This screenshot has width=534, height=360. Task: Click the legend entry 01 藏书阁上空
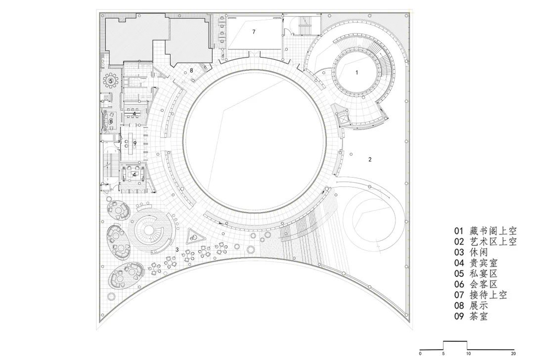point(485,231)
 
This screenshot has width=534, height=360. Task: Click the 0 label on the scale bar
point(420,354)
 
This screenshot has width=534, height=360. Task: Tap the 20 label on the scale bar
point(514,354)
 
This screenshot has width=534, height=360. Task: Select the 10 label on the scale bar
point(467,354)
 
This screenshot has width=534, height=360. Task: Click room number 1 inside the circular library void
point(356,72)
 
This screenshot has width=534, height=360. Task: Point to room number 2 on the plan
point(370,159)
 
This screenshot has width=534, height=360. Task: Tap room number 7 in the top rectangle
point(254,32)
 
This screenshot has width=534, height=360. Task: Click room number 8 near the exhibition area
point(191,71)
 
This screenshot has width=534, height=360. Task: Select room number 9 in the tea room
point(134,143)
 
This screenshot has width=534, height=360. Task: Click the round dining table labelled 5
point(111,80)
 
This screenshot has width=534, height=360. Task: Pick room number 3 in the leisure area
point(177,250)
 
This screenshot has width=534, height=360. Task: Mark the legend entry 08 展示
point(471,306)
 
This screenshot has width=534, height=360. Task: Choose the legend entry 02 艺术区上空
point(485,242)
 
